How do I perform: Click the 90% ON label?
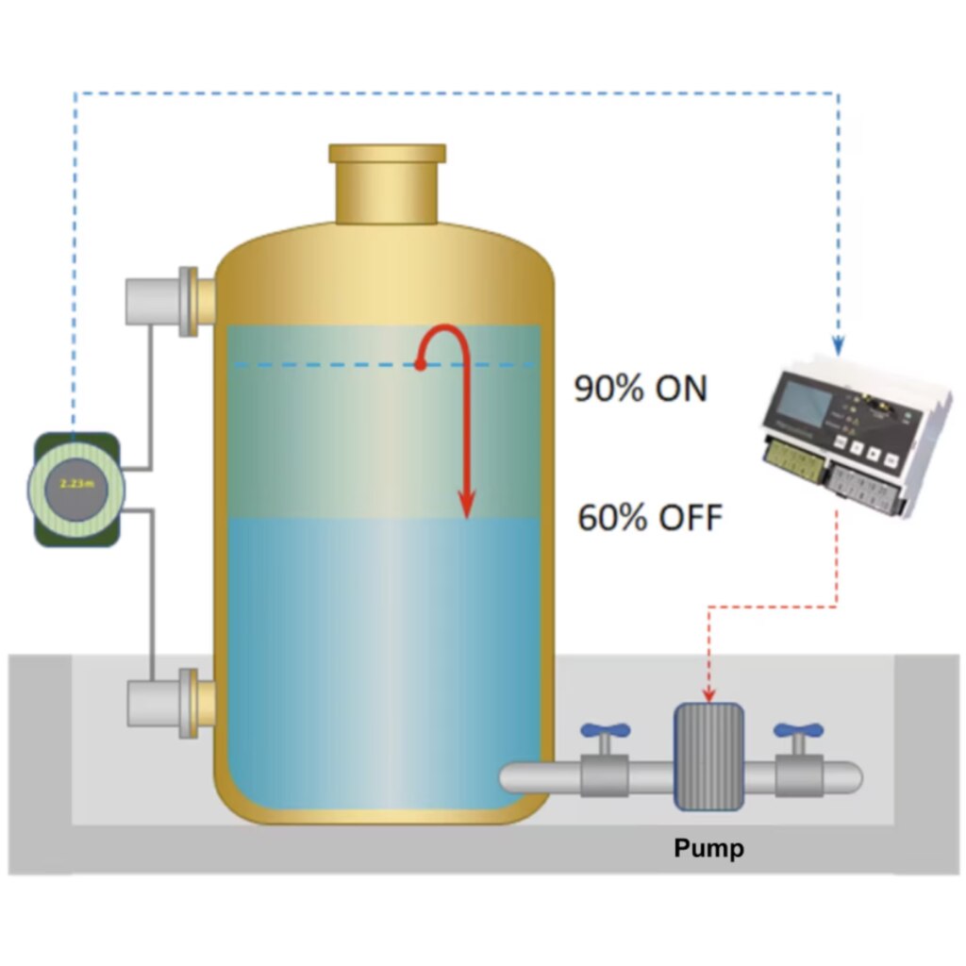click(x=641, y=389)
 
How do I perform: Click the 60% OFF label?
click(x=650, y=518)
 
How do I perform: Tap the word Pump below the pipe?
click(x=708, y=848)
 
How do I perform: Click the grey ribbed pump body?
click(x=708, y=757)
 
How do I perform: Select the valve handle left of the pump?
click(x=605, y=730)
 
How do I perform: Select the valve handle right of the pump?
click(x=798, y=730)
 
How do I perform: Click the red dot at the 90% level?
click(x=420, y=364)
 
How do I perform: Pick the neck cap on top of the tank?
click(x=387, y=154)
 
